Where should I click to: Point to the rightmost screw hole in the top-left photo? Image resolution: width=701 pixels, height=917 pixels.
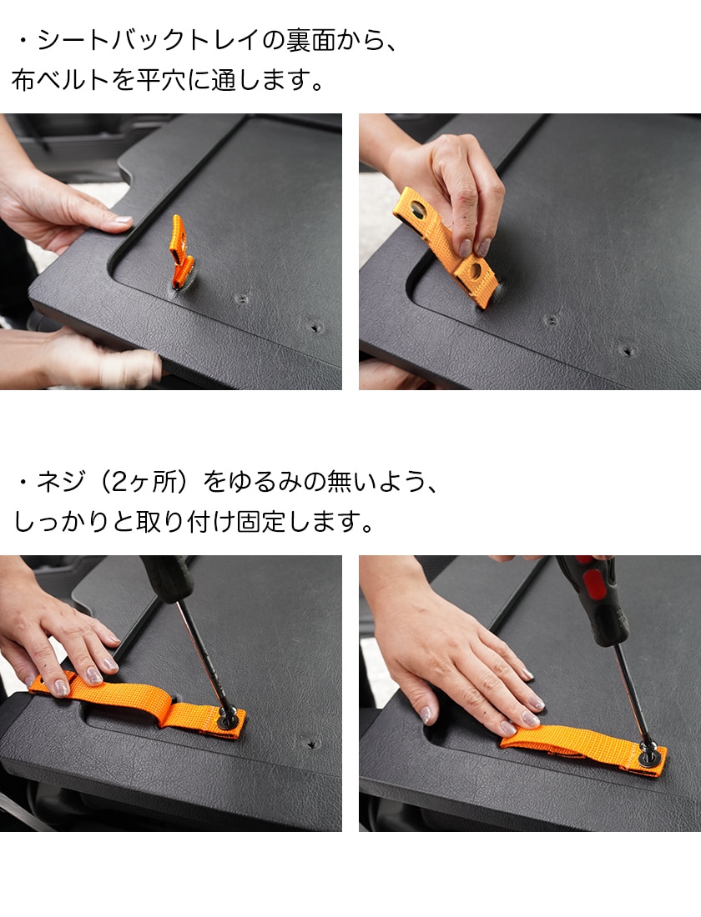point(315,326)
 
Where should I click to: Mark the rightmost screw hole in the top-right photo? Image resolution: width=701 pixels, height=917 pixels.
point(629,348)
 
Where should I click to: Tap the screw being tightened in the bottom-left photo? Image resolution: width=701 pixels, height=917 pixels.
point(226,714)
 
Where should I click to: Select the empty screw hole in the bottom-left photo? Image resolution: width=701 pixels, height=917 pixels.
point(312,742)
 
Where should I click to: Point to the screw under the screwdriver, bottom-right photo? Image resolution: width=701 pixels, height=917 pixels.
point(648,754)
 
